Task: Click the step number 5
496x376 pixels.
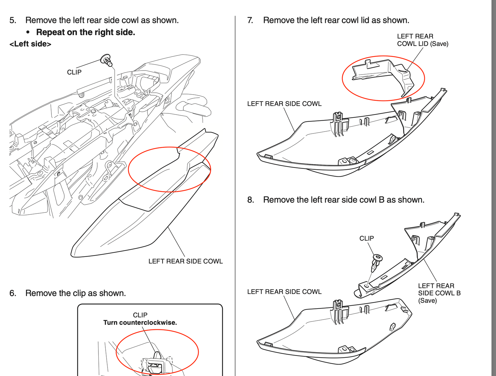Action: [x=12, y=20]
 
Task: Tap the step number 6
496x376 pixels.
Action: [x=12, y=293]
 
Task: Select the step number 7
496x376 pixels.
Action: [x=250, y=20]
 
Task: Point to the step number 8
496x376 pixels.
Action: [x=250, y=200]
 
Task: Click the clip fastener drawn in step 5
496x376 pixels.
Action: [x=106, y=60]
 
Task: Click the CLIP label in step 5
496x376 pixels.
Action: [x=74, y=72]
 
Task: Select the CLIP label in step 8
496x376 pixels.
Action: [x=367, y=238]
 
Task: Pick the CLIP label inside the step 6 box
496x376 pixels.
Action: [x=140, y=315]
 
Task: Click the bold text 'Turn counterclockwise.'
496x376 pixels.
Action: [x=140, y=322]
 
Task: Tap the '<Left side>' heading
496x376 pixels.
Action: [x=30, y=44]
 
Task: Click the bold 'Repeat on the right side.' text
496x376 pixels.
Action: [x=86, y=32]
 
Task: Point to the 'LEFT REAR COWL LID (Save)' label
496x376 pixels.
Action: [x=422, y=40]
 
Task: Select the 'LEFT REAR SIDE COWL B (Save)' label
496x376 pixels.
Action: [x=439, y=293]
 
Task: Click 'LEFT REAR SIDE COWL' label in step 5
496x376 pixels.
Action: [x=186, y=261]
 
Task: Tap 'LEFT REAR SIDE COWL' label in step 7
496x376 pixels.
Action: [x=284, y=104]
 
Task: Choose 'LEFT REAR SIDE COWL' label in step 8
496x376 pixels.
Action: [x=284, y=292]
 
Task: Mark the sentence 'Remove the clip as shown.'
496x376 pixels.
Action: [x=76, y=293]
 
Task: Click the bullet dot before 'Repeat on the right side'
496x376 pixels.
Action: [x=29, y=32]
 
